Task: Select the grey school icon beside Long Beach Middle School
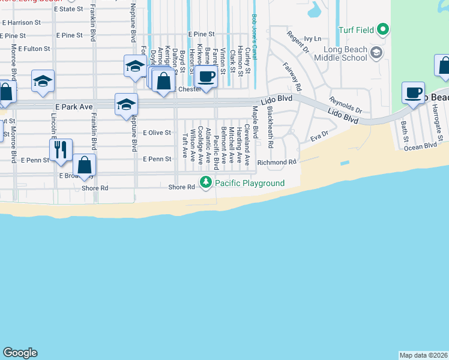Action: pos(376,53)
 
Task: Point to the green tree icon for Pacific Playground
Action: pos(206,182)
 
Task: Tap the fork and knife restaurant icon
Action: pos(61,149)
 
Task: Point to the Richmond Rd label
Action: pos(277,163)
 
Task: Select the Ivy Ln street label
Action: pos(313,38)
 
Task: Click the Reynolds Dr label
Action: pos(345,105)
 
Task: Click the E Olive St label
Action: pos(157,133)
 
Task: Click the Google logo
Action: pos(20,353)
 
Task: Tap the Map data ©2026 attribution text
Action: pos(423,355)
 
